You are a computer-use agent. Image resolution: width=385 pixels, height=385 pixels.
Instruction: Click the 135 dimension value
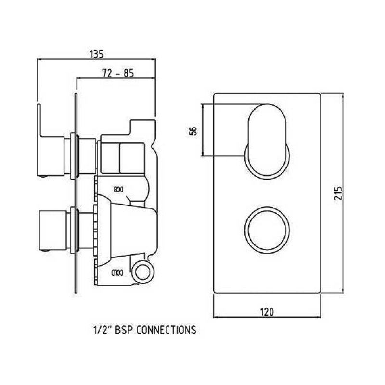(96, 54)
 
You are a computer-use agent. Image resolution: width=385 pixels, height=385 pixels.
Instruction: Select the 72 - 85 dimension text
(117, 73)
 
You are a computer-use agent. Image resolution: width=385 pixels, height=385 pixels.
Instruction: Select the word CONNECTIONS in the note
(166, 330)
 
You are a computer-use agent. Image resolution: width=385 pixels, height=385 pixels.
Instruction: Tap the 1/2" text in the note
(102, 330)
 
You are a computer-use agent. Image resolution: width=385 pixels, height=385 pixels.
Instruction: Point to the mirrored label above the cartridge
(119, 189)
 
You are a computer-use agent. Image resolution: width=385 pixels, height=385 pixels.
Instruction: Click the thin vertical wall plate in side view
(76, 192)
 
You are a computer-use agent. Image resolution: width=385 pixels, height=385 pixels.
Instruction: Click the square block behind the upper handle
(121, 157)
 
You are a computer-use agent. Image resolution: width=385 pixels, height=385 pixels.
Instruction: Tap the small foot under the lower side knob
(45, 249)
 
